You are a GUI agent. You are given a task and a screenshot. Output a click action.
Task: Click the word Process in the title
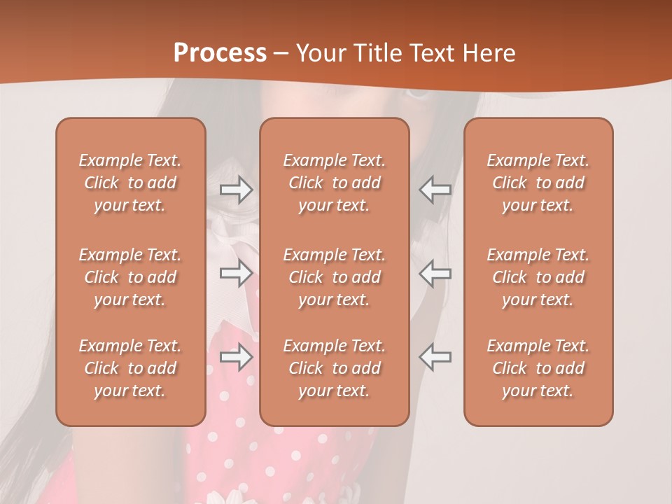click(220, 53)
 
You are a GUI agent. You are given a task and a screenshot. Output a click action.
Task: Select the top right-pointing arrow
click(236, 190)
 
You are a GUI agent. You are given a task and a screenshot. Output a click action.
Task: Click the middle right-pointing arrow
click(236, 273)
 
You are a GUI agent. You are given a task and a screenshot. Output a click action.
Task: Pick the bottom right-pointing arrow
click(236, 357)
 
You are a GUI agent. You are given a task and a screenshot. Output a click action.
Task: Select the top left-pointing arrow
click(435, 190)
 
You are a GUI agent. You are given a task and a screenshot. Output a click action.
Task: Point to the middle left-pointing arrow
click(435, 273)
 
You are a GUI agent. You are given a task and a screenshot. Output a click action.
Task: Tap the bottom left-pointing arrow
click(435, 357)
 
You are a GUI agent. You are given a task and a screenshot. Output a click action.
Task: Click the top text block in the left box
click(130, 183)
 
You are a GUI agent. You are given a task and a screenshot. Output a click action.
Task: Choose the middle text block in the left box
click(130, 277)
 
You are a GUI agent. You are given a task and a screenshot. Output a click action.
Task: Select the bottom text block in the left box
click(130, 368)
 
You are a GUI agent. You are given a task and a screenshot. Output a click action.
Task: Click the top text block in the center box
click(335, 183)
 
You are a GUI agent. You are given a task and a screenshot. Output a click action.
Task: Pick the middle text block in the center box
click(335, 277)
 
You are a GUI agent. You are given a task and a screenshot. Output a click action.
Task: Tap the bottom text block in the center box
click(335, 368)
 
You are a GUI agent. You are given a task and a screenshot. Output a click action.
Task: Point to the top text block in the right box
click(538, 183)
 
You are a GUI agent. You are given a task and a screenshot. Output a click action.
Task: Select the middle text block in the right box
click(538, 277)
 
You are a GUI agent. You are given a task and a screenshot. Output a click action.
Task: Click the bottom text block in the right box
click(538, 368)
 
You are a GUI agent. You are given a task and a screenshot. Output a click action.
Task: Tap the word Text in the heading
click(431, 53)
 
